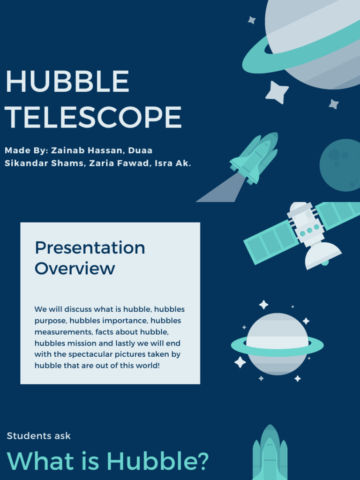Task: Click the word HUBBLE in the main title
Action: coord(67,82)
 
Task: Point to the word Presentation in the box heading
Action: coord(90,247)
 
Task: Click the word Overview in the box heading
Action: coord(75,269)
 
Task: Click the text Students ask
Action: coord(38,436)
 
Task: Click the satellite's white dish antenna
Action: coord(322,255)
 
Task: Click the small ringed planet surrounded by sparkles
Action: coord(277,344)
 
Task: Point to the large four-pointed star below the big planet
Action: coord(277,92)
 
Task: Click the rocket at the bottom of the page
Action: coord(270,454)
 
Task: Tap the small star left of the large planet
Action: coord(252,20)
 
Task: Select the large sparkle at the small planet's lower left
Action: coord(240,362)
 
